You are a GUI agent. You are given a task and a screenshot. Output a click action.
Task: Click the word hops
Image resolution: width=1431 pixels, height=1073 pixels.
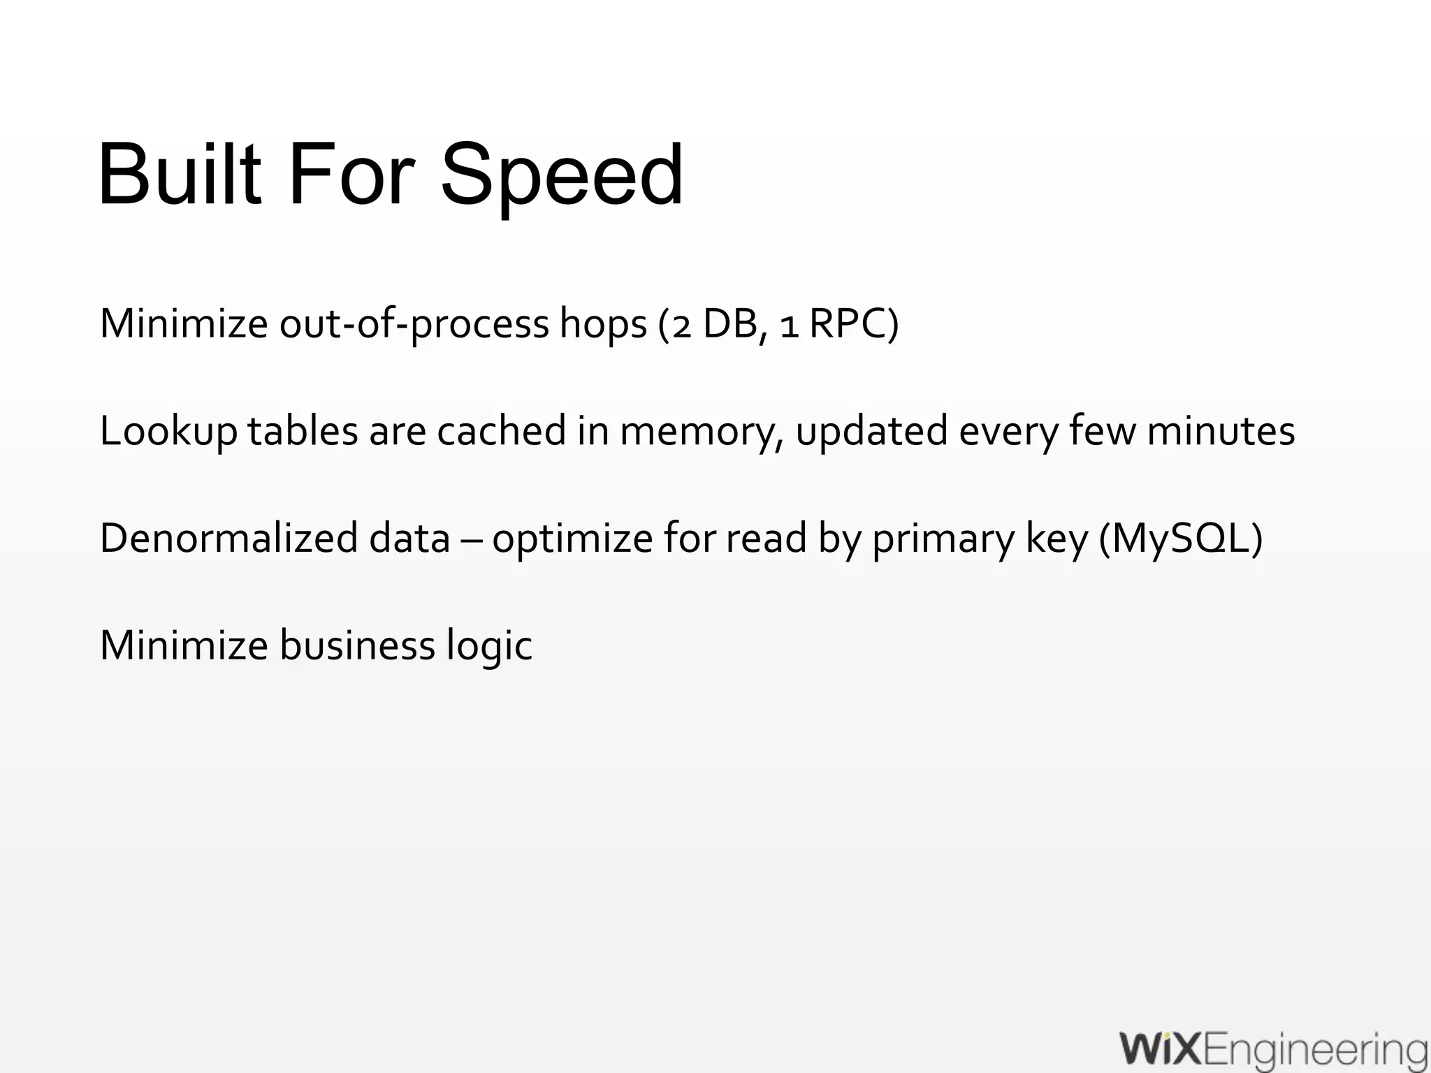[x=602, y=325]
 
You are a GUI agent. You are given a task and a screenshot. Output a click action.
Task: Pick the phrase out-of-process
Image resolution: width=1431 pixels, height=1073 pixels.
[x=414, y=325]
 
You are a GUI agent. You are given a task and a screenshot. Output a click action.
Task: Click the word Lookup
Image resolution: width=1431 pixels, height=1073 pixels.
[x=168, y=432]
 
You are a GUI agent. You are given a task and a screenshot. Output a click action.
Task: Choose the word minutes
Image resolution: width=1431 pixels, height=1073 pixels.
[x=1221, y=430]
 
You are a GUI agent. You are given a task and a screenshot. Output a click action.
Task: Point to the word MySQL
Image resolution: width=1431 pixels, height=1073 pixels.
[x=1181, y=539]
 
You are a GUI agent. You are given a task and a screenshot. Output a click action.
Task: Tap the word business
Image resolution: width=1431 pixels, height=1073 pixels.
[x=357, y=644]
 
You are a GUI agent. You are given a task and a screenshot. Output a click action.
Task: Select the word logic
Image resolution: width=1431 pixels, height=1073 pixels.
[x=489, y=645]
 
